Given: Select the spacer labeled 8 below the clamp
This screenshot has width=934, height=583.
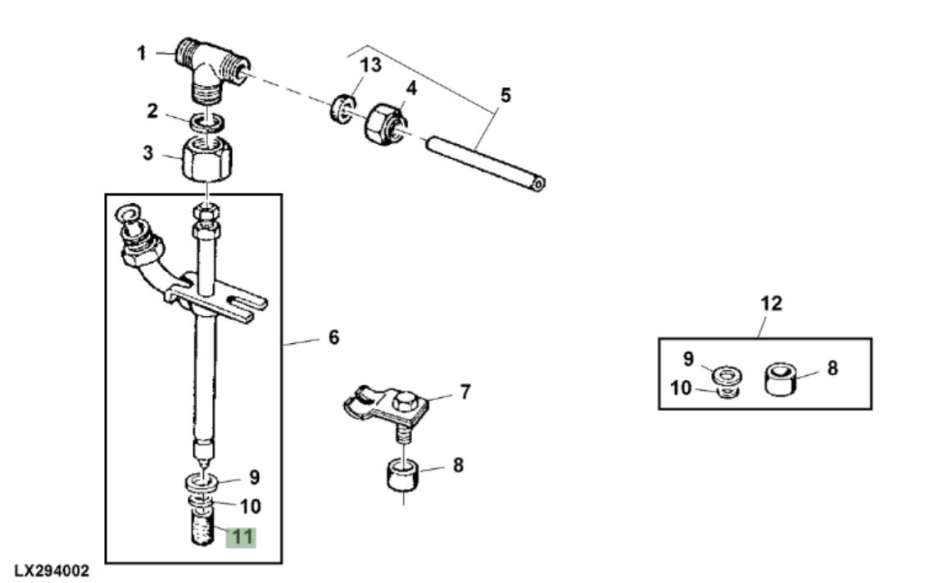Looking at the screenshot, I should point(403,477).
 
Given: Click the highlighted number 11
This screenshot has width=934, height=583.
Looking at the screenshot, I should point(243,537).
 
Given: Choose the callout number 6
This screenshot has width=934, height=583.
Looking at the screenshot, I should point(333,337).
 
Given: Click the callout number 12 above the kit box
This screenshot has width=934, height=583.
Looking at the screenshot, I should point(772,304).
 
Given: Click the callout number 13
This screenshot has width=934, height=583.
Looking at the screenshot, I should point(371,66).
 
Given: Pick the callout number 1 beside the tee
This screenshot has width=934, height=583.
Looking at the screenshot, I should point(141,53).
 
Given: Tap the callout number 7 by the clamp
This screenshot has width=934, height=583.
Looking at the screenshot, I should point(465,392).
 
